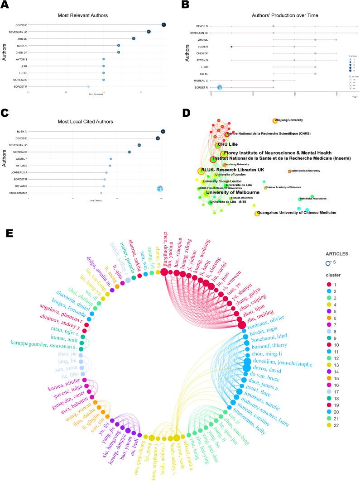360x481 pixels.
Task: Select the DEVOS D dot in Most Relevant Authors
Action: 163,24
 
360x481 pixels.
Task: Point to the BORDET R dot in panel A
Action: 88,86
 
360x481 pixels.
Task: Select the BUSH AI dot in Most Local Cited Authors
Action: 163,132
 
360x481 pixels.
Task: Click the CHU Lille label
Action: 228,144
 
